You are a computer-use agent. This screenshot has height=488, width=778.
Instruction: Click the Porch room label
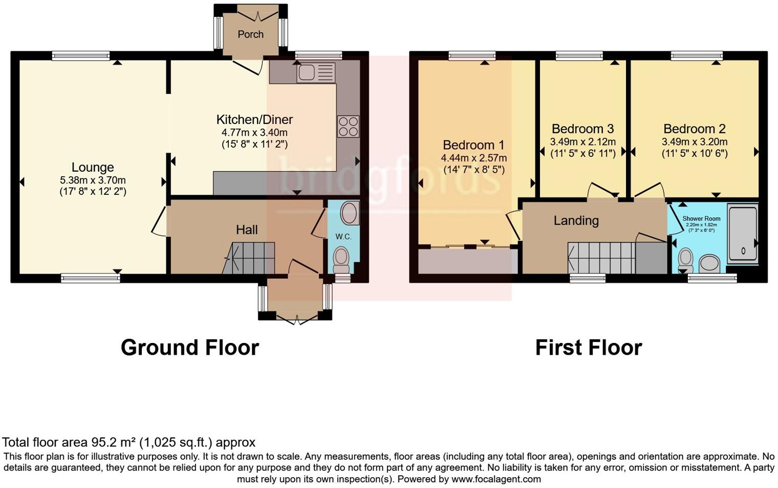point(250,34)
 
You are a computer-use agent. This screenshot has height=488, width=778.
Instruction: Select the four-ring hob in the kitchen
point(348,127)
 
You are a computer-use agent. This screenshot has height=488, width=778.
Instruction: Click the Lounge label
point(93,168)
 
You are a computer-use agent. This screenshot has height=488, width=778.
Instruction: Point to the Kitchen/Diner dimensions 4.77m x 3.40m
point(254,132)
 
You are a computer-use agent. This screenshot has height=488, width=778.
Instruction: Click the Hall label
point(247,230)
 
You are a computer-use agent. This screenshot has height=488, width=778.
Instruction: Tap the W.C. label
point(343,237)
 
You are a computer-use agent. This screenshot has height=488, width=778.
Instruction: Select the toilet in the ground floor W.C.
point(341,259)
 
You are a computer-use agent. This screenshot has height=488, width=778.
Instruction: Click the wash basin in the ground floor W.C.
point(350,213)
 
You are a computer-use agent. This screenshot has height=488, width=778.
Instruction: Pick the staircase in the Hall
point(251,258)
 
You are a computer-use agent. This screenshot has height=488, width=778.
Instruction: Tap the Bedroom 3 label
point(582,129)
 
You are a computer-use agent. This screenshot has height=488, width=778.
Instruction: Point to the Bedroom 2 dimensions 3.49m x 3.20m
point(694,142)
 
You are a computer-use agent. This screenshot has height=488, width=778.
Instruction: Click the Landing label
point(576,220)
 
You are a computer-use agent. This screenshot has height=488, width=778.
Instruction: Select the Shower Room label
point(701,218)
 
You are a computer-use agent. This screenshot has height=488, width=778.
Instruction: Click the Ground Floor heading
point(190,348)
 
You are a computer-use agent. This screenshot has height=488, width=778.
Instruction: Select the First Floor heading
point(588,348)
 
